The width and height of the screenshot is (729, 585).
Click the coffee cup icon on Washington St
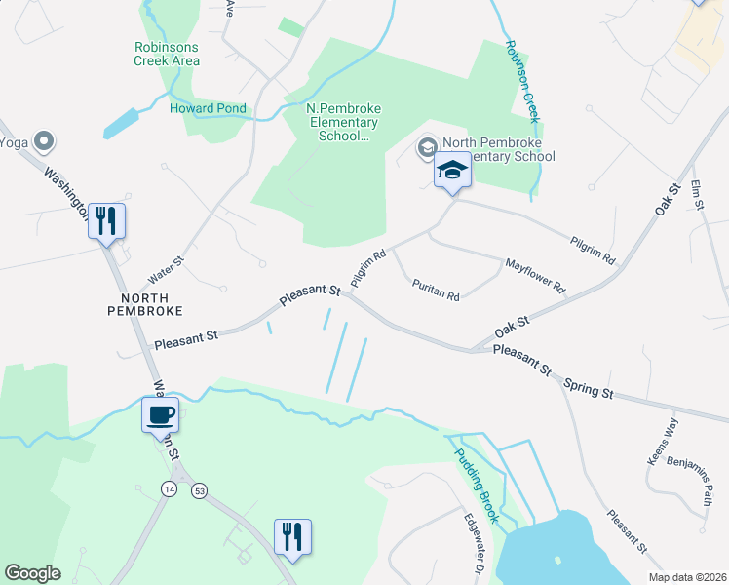click(160, 415)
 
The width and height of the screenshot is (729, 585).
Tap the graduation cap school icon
click(452, 171)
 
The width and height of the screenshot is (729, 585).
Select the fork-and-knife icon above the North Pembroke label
click(106, 220)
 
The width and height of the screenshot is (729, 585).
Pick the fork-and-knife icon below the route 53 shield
click(292, 536)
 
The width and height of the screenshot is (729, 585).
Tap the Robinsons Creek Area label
click(167, 54)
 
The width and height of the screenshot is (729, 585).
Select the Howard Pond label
click(208, 108)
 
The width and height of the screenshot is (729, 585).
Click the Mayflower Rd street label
click(534, 276)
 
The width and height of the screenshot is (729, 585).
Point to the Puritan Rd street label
click(436, 290)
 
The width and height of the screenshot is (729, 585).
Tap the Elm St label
click(696, 194)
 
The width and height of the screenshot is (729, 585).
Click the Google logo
click(33, 573)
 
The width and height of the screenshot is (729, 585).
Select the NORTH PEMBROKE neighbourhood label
click(144, 303)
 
